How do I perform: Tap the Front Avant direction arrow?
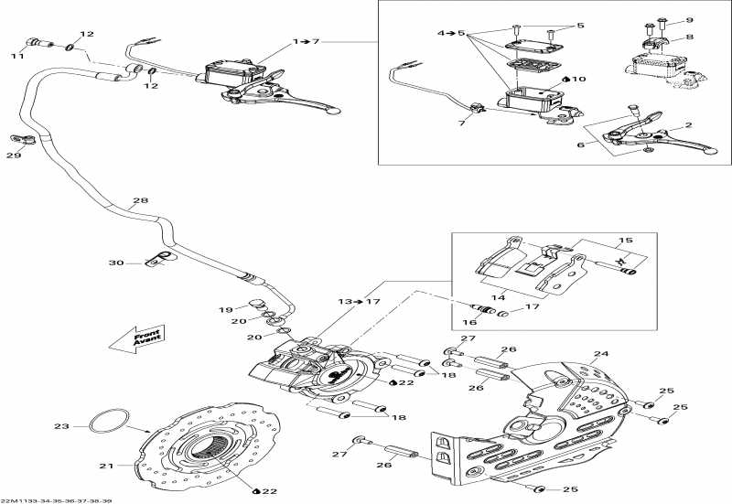tap(135, 338)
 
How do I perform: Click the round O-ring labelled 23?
tap(108, 422)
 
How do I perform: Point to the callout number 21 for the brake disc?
tap(106, 466)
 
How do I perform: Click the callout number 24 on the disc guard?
tap(600, 353)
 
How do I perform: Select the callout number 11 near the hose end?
tap(16, 57)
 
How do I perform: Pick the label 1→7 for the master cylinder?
tap(307, 41)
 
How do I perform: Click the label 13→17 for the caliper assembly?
tap(359, 301)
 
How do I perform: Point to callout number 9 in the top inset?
tap(689, 18)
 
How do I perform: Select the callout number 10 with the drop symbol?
tap(578, 80)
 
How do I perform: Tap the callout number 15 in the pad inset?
tap(626, 241)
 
